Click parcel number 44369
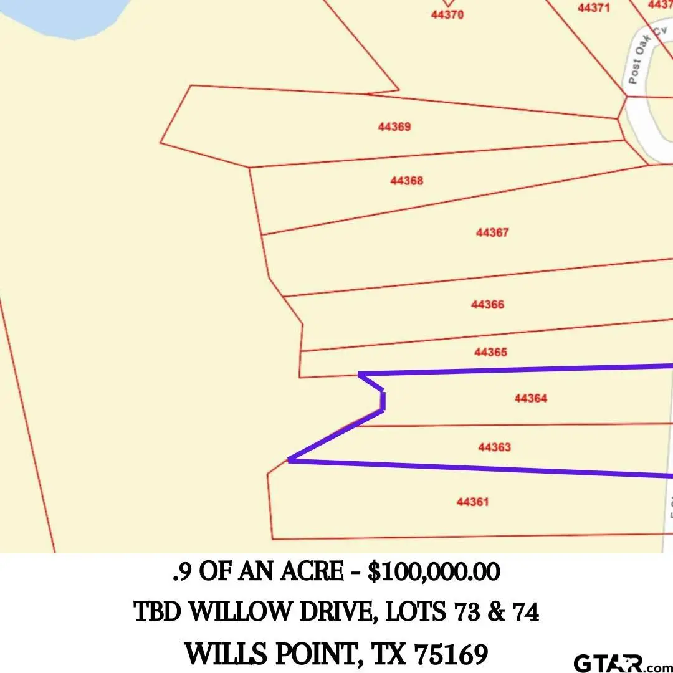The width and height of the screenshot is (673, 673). (394, 127)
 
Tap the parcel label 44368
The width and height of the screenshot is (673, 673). (406, 181)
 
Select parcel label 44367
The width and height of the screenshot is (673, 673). (492, 233)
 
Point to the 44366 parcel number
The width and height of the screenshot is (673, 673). (487, 305)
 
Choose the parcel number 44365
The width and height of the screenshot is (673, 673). (490, 353)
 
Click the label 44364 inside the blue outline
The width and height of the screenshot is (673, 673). (531, 399)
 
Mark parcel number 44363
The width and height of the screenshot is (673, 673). (494, 447)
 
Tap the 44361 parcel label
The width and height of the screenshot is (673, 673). (472, 502)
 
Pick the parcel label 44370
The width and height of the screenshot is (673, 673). (447, 15)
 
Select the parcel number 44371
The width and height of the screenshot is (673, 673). (593, 8)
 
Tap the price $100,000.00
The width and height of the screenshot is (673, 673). (434, 572)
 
